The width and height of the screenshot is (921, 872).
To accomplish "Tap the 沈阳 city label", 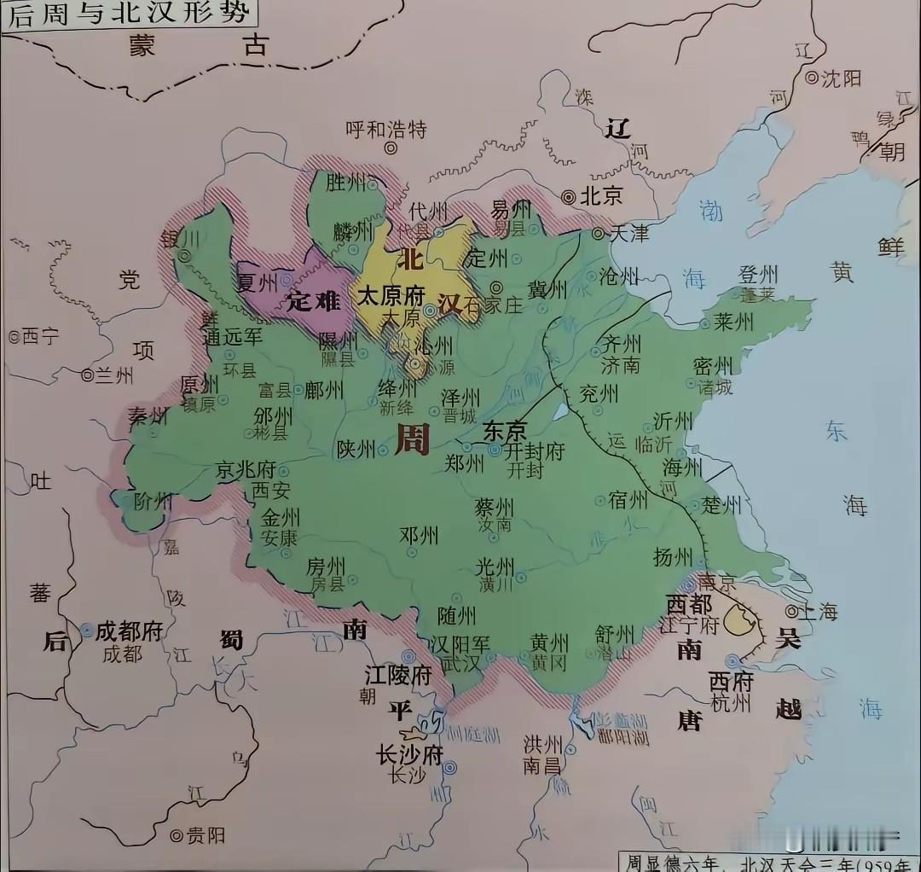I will point(841,78).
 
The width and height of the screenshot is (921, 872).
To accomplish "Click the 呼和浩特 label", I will point(385,130).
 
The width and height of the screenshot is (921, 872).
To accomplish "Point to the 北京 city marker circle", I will point(569,196).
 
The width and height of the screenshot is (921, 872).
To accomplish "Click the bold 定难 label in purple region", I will point(314,300).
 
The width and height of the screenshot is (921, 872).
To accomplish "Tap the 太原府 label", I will point(391,296).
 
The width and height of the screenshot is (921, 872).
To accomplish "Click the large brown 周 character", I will point(413,437).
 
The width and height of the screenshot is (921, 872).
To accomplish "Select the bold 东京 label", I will point(505,431).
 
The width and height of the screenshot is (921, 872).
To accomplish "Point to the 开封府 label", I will point(536,451).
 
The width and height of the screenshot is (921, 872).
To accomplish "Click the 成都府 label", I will point(129,631).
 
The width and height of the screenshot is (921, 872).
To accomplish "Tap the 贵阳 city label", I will point(205,834).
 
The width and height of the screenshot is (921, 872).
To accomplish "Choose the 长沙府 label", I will point(410,754).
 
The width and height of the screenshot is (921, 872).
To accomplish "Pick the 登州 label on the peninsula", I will point(758,275).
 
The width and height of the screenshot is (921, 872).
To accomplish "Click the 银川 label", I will point(179,238).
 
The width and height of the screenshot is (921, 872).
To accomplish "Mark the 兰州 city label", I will point(113,375).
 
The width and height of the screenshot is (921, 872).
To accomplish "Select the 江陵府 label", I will point(398,675).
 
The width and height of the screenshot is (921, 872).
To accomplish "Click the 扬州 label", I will point(673,557).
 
